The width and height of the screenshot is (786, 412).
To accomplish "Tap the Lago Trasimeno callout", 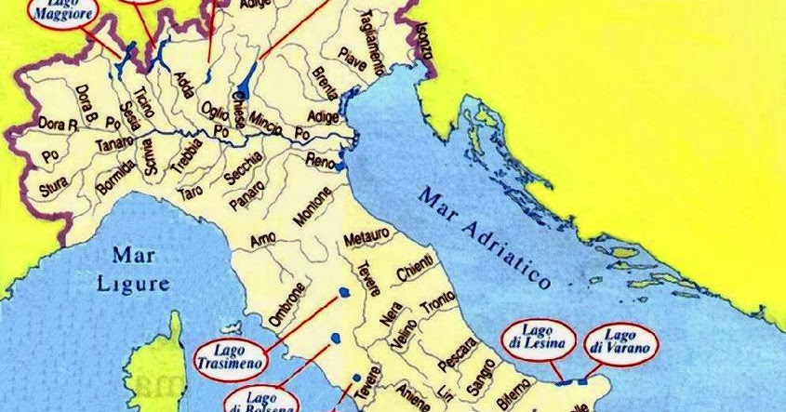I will [x=230, y=355].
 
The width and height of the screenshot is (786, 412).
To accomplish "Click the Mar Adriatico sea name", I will [x=485, y=236].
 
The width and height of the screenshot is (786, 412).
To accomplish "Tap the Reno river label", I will [x=319, y=161].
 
